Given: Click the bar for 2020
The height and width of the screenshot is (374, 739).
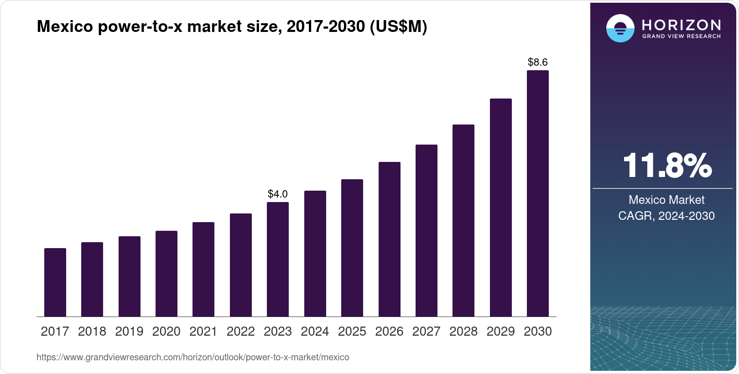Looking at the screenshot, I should [167, 274].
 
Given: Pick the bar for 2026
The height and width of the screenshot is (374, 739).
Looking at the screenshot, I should [390, 239].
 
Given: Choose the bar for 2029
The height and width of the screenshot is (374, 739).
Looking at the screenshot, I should [501, 208].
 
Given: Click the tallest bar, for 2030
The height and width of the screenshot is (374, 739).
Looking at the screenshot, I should [538, 193].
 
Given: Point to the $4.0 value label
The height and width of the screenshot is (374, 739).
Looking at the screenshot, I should [278, 194].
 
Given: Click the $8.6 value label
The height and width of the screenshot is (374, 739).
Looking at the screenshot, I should [538, 62].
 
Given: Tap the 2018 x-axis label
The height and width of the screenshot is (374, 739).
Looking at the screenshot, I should [92, 332].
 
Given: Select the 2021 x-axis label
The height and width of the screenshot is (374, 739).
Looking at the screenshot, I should [203, 332].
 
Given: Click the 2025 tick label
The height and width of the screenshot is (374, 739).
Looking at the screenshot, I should [352, 332].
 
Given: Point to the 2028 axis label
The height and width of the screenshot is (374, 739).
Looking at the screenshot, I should [463, 332].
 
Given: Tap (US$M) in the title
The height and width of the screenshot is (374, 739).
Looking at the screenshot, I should [398, 27].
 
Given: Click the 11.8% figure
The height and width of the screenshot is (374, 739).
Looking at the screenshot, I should [667, 166].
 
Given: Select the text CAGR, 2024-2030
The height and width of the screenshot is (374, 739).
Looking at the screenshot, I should [666, 216].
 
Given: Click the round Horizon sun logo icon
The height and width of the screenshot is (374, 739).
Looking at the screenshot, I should [620, 28].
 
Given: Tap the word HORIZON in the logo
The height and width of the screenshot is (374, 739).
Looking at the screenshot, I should [682, 25].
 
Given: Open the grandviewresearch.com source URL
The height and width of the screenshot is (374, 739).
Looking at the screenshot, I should [193, 358].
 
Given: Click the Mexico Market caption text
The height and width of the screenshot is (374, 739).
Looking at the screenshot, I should [666, 200].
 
